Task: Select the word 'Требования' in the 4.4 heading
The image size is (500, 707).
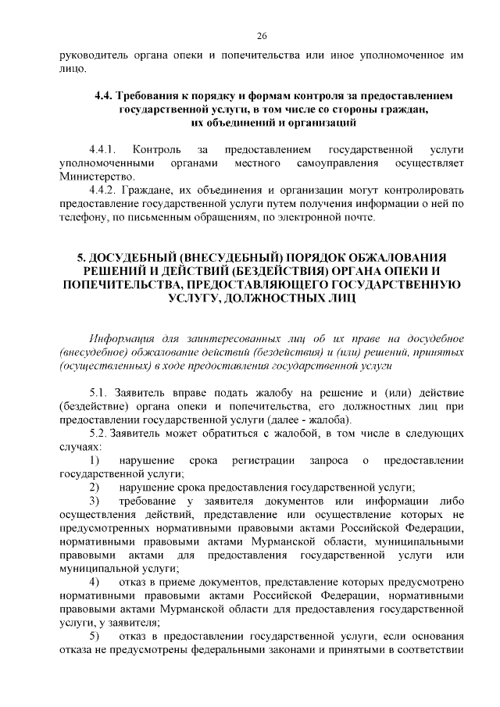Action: point(146,95)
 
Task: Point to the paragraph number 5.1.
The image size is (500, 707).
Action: point(100,391)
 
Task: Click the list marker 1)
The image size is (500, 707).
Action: point(95,460)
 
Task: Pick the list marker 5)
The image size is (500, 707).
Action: point(95,638)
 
